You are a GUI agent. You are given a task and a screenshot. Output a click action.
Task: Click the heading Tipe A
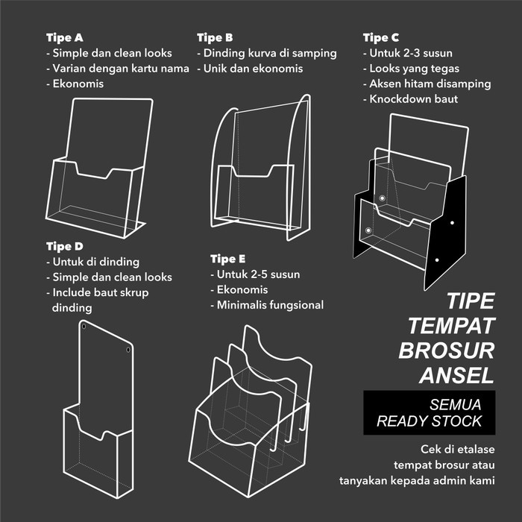64,37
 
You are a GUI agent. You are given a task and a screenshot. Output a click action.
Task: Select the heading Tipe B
215,37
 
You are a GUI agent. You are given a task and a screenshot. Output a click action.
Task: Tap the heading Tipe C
380,37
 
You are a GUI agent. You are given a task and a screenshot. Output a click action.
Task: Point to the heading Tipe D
64,246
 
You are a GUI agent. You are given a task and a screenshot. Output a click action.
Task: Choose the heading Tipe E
227,259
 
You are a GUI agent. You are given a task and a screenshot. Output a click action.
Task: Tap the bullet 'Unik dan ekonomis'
250,69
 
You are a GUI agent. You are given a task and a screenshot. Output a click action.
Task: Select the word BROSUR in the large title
446,350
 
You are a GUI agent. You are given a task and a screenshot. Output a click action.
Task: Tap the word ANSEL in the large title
456,374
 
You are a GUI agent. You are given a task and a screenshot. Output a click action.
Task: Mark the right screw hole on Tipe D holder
128,349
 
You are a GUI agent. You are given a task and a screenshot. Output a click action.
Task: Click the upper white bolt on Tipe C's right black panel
452,222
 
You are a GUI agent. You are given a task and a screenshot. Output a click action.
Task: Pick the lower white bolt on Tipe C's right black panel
438,261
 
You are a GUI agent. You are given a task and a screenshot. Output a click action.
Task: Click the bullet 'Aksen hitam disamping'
427,84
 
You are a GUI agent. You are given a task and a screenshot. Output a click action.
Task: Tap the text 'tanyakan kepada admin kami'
415,480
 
